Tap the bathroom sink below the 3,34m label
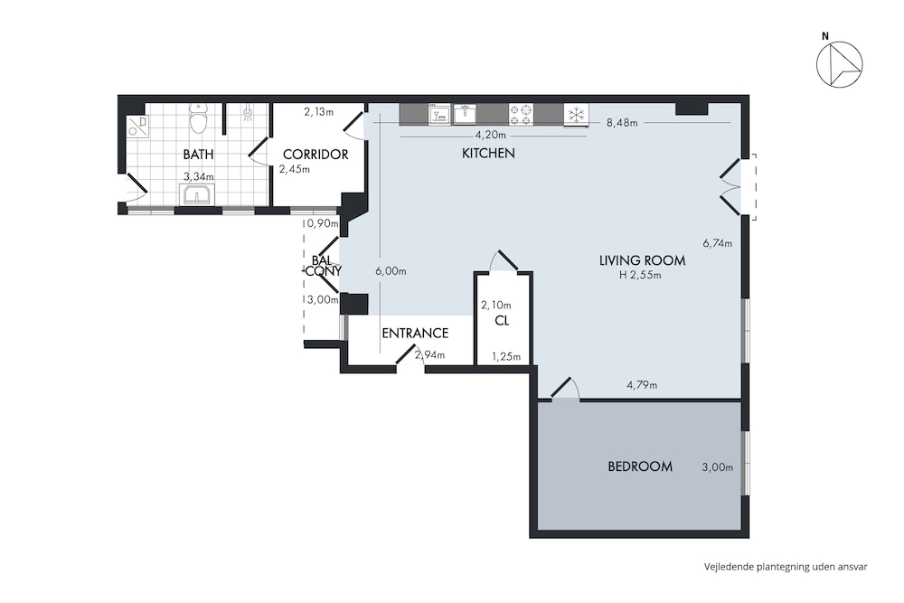197,195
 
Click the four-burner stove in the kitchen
522,114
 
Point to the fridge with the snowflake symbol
576,114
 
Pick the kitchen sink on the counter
465,114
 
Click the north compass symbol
840,64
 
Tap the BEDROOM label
640,466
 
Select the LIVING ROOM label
642,260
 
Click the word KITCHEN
488,154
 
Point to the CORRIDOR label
315,155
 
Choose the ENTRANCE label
415,334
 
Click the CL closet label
502,321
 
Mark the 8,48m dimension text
622,122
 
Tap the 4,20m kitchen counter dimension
490,136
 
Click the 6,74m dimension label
717,243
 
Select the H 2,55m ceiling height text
640,275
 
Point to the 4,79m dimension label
642,385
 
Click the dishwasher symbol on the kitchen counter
439,114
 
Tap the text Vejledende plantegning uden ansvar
786,567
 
